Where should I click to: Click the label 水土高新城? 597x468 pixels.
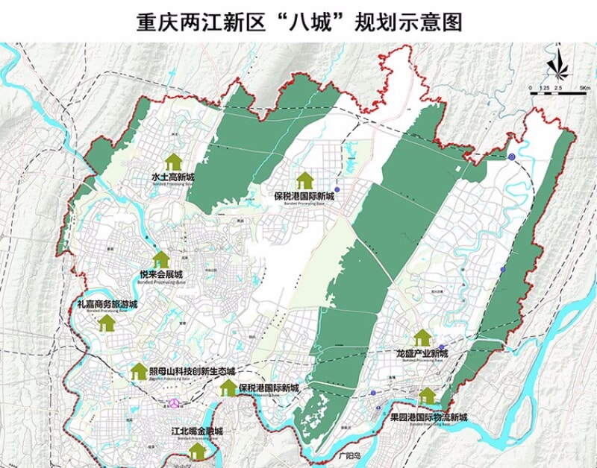coord(172,177)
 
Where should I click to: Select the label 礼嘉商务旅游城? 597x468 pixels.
coord(107,305)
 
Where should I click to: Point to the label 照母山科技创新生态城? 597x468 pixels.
coord(192,371)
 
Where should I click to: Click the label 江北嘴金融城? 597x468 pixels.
coord(197,431)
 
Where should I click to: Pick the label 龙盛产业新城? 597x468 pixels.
coord(422,353)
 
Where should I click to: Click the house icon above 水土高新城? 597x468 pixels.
coord(173,161)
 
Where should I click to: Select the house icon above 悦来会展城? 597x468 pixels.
coord(161,259)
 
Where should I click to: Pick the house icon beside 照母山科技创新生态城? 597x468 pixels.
coord(139,371)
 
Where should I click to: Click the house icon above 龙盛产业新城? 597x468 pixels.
coord(422,337)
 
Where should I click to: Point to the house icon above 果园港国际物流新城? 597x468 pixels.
coord(428,395)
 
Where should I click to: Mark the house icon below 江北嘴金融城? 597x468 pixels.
coord(198,452)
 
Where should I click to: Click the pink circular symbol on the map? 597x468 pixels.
coord(175,402)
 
